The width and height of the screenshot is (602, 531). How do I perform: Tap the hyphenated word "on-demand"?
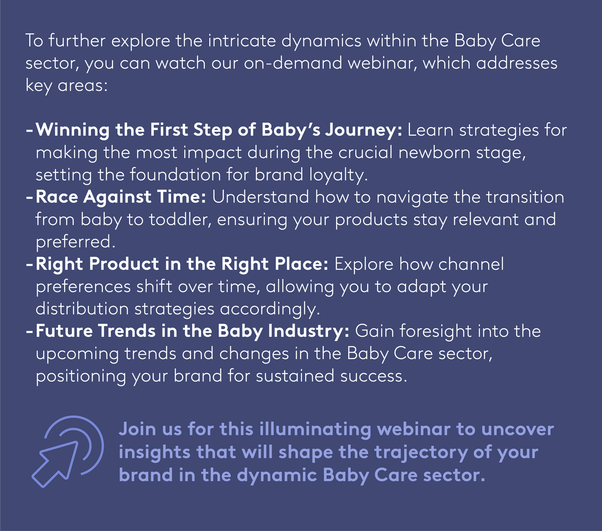293,63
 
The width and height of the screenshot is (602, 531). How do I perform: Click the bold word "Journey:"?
363,131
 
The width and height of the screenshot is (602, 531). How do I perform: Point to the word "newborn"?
434,152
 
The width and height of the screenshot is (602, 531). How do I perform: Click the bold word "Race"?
57,197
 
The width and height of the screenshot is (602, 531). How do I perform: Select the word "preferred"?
73,242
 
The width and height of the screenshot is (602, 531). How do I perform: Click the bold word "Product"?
124,264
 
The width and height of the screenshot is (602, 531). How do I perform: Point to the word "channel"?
471,264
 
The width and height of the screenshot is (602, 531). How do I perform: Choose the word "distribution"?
82,309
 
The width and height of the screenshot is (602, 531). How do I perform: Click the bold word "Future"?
64,331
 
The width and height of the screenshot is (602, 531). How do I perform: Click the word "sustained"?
295,376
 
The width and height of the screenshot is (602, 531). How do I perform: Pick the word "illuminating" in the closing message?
315,430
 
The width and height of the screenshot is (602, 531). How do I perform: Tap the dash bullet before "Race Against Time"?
29,198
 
